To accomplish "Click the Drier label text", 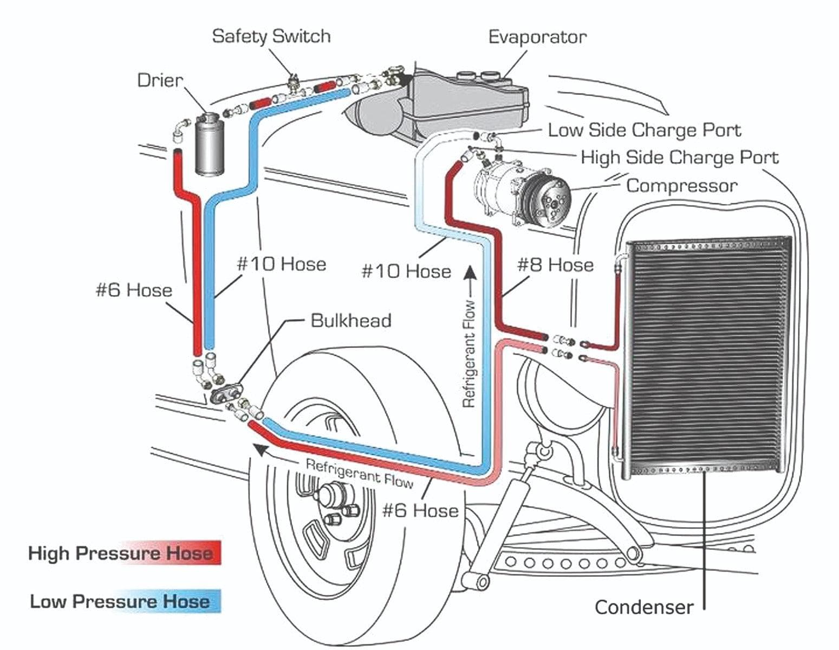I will click(x=160, y=80).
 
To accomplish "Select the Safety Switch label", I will click(x=271, y=36).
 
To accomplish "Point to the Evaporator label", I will click(x=537, y=37).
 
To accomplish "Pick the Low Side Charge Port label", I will click(x=644, y=130).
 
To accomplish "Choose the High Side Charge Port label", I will click(x=679, y=157).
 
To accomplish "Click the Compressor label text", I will click(x=681, y=186).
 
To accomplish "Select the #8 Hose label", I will click(x=555, y=265).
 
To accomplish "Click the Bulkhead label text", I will click(x=350, y=320).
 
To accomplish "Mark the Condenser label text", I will click(x=643, y=607).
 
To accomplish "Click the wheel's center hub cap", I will click(x=330, y=494).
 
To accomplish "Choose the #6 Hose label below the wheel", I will click(x=420, y=510).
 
